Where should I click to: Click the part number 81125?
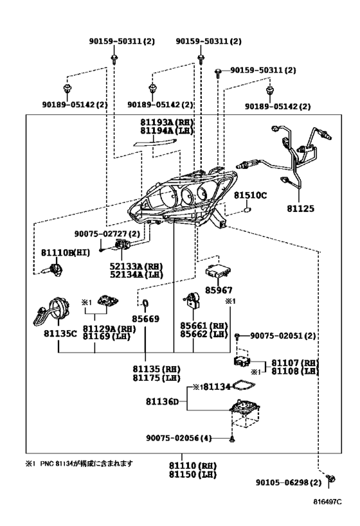click(301, 208)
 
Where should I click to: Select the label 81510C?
click(250, 195)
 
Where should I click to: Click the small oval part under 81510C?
click(247, 210)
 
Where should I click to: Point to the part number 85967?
click(219, 290)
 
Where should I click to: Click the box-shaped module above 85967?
click(219, 271)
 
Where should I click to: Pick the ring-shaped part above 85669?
click(145, 303)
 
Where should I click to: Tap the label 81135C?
click(60, 333)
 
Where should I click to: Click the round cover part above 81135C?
click(52, 311)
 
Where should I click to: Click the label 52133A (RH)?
click(136, 267)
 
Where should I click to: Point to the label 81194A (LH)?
click(167, 130)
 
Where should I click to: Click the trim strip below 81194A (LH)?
click(154, 143)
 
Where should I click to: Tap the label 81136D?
click(162, 401)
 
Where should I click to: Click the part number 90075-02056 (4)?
click(179, 438)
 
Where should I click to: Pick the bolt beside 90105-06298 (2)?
click(330, 478)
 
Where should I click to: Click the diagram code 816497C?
click(327, 502)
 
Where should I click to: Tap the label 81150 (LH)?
click(193, 475)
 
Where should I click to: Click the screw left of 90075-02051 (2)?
click(237, 336)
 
